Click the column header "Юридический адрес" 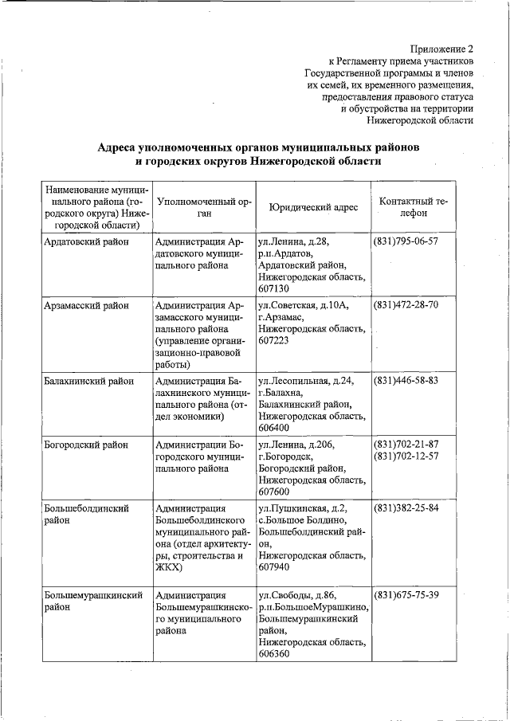313,207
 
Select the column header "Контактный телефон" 413,207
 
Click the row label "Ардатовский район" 88,241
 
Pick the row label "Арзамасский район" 87,305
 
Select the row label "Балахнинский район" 90,380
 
